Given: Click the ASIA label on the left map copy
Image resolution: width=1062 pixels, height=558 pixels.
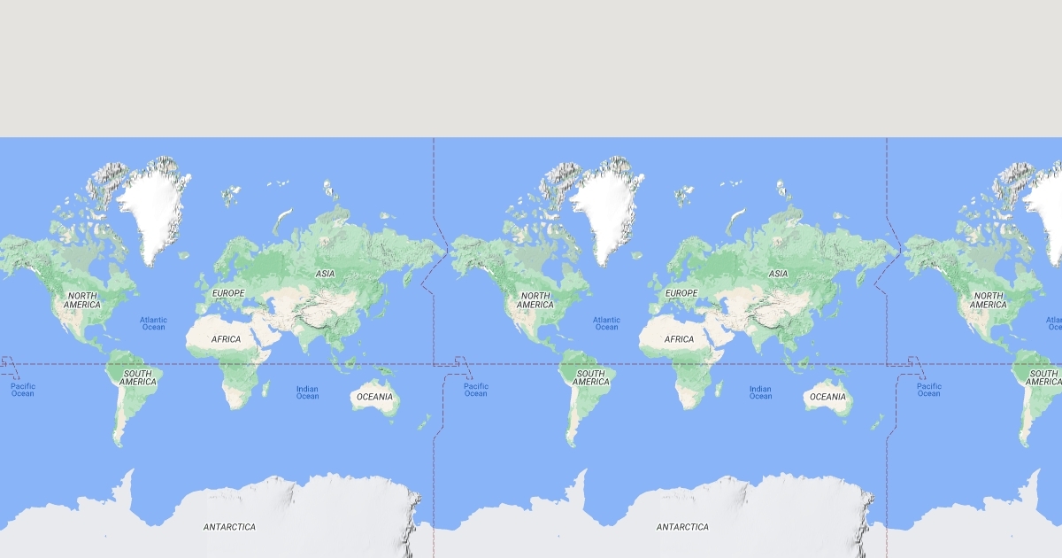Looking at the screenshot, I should (326, 274).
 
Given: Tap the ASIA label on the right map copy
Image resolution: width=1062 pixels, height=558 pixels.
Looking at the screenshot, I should (779, 274).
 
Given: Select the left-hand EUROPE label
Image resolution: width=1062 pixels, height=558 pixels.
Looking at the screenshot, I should (227, 293).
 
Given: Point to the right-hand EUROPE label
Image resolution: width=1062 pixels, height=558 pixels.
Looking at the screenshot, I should (681, 293).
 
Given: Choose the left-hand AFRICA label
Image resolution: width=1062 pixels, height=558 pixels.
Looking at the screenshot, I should (226, 339).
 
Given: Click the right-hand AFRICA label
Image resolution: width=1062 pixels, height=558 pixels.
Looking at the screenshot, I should (679, 339).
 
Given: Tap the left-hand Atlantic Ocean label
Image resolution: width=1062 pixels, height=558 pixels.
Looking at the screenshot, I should (153, 323).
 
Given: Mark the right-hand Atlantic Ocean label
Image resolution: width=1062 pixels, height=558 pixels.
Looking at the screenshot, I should (606, 323).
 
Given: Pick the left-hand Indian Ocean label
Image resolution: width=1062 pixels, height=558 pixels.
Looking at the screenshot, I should (307, 392).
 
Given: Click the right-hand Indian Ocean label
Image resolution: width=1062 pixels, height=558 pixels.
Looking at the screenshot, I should (760, 392).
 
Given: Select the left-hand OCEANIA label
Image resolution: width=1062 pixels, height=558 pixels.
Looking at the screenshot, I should (374, 397).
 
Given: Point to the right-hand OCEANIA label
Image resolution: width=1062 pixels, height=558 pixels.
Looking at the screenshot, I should (827, 397).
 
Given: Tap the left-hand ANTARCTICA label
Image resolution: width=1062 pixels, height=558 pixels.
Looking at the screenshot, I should (229, 527).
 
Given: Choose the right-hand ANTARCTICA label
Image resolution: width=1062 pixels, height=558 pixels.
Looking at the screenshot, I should (682, 527).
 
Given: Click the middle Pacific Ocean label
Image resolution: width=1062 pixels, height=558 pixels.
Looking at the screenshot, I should (475, 390).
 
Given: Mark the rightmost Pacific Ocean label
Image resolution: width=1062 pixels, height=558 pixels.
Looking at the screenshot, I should (928, 390).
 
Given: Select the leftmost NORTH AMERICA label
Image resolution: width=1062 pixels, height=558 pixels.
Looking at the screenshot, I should (82, 300).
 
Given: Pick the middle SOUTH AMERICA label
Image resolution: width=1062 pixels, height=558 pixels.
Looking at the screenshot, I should (590, 378).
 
